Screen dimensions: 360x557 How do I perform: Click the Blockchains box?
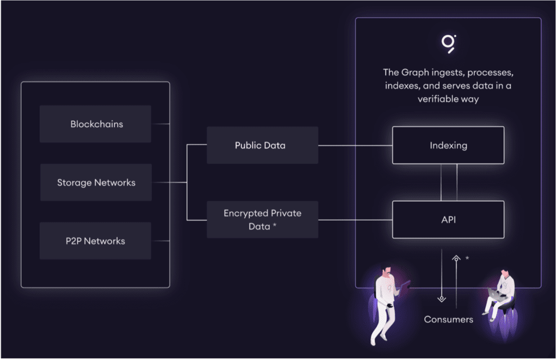point(96,124)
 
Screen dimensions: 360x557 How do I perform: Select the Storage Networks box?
point(96,183)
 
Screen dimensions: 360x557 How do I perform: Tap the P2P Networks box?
point(96,241)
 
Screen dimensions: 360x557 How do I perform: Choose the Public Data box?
point(262,145)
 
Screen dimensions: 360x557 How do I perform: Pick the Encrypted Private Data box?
point(262,220)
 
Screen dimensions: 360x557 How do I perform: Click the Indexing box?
point(448,145)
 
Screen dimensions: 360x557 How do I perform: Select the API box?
point(448,220)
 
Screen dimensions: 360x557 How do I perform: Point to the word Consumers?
point(448,319)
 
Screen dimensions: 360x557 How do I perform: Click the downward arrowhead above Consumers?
point(441,299)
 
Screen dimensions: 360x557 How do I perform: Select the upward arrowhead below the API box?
point(456,259)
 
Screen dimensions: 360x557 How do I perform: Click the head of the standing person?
point(387,271)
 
